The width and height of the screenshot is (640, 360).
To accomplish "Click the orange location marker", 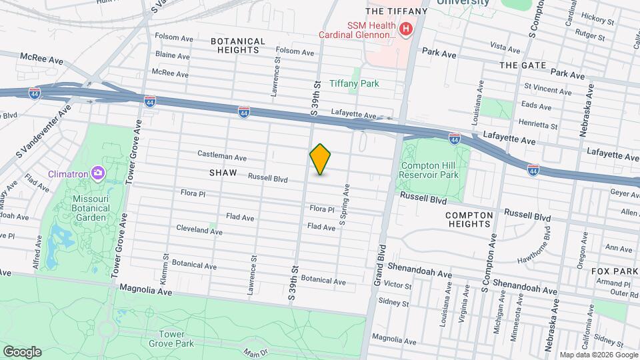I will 320,159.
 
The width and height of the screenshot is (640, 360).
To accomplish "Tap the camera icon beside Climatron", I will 98,174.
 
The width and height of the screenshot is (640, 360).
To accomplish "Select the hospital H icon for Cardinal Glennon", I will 405,29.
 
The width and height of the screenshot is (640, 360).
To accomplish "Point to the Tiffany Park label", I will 354,84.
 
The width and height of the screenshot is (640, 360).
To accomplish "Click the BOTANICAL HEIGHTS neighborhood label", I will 238,45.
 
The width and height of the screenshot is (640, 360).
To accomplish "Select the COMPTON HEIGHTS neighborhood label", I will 478,219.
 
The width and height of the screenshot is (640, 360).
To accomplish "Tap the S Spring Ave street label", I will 344,205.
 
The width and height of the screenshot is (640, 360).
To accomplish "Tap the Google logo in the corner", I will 22,351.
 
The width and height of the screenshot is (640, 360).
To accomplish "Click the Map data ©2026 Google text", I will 598,355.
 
